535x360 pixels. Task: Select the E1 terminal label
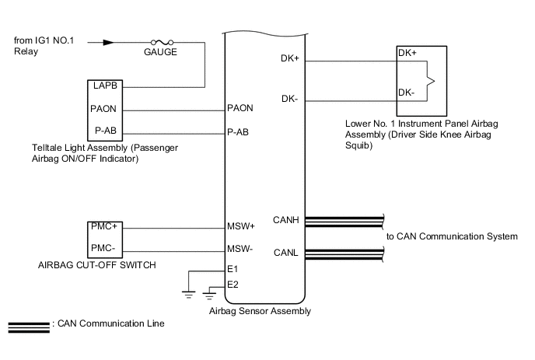pyautogui.click(x=232, y=269)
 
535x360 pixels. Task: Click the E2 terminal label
pyautogui.click(x=232, y=285)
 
